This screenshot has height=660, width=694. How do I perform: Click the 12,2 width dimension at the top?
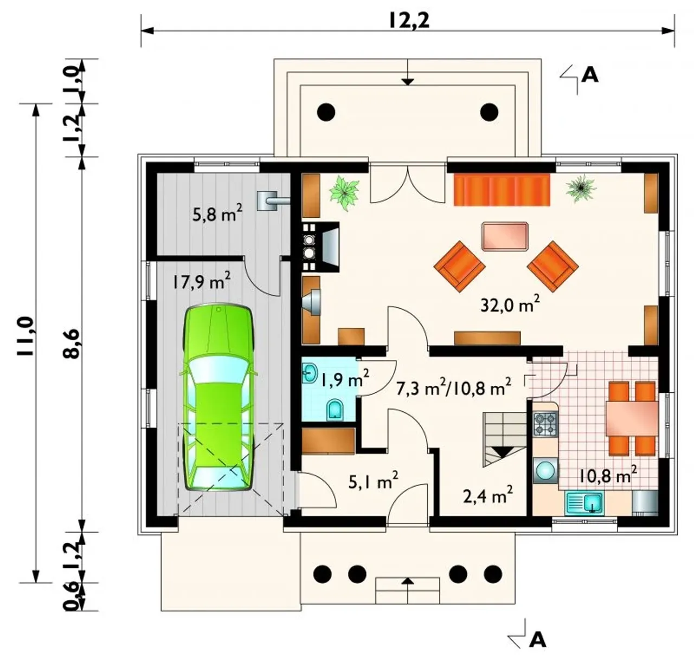pyautogui.click(x=409, y=21)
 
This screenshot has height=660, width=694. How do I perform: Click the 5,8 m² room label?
pyautogui.click(x=217, y=214)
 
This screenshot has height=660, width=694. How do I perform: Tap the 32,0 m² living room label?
pyautogui.click(x=510, y=304)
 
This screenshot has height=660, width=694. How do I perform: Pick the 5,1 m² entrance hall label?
pyautogui.click(x=374, y=481)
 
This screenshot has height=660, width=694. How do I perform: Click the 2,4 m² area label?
pyautogui.click(x=488, y=496)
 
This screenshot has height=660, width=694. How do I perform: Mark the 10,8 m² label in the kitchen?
pyautogui.click(x=608, y=475)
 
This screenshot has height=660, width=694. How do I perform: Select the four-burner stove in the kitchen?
pyautogui.click(x=545, y=424)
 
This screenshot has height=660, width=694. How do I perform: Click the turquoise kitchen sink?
pyautogui.click(x=584, y=503)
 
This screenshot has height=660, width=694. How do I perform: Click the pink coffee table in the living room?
pyautogui.click(x=505, y=236)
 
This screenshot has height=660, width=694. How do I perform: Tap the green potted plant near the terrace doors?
pyautogui.click(x=344, y=193)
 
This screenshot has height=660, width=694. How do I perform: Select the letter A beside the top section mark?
pyautogui.click(x=590, y=75)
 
